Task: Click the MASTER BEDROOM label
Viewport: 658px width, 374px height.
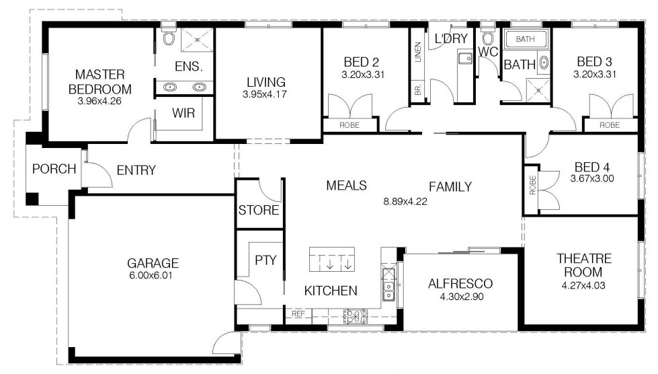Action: pyautogui.click(x=100, y=82)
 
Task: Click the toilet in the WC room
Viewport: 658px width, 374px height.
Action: pyautogui.click(x=487, y=38)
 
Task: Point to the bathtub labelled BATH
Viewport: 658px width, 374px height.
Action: pyautogui.click(x=526, y=39)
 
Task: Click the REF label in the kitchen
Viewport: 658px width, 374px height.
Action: pyautogui.click(x=298, y=313)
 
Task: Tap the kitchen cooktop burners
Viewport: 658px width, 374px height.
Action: pyautogui.click(x=356, y=316)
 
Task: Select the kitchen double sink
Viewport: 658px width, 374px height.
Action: pyautogui.click(x=389, y=291)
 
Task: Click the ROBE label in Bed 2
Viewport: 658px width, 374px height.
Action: pyautogui.click(x=349, y=125)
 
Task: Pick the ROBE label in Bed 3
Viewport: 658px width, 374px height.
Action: pyautogui.click(x=610, y=125)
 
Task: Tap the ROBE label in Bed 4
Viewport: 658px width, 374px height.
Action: pyautogui.click(x=532, y=185)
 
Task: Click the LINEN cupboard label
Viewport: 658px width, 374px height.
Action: pyautogui.click(x=417, y=52)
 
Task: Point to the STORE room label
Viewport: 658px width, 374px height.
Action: pyautogui.click(x=259, y=210)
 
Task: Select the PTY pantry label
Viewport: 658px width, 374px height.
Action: pyautogui.click(x=265, y=260)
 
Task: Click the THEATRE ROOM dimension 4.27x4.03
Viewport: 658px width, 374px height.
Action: pyautogui.click(x=583, y=286)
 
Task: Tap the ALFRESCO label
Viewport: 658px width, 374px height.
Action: pyautogui.click(x=460, y=284)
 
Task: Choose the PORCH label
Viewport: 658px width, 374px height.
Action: pyautogui.click(x=54, y=169)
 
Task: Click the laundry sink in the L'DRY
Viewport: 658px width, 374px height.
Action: pyautogui.click(x=464, y=58)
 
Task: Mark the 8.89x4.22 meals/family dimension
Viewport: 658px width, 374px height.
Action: pyautogui.click(x=405, y=202)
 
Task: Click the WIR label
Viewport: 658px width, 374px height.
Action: pyautogui.click(x=183, y=113)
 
